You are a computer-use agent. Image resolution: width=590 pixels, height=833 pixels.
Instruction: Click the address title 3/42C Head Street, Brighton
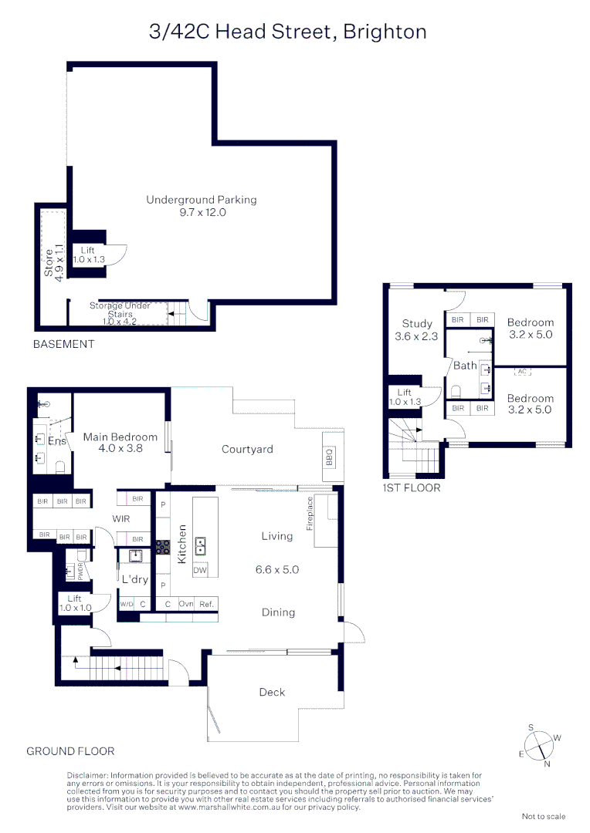[x=287, y=32]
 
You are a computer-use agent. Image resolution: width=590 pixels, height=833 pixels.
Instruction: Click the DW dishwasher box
[x=200, y=571]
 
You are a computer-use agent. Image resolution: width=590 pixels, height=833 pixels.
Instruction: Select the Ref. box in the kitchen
[x=206, y=604]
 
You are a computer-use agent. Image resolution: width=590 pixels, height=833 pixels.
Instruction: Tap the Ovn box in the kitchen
[x=185, y=604]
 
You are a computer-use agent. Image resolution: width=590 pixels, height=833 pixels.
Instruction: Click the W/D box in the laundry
[x=127, y=604]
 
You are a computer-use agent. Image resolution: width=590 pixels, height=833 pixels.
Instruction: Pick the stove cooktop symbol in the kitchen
[x=163, y=547]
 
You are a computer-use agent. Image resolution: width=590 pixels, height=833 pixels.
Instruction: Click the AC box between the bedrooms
[x=521, y=372]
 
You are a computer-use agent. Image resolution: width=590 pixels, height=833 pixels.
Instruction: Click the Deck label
[x=272, y=693]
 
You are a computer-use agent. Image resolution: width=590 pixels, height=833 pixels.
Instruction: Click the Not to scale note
[x=543, y=816]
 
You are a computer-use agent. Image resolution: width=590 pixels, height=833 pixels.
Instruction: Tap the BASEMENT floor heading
[x=63, y=344]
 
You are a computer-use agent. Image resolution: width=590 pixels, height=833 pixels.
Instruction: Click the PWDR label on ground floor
[x=80, y=571]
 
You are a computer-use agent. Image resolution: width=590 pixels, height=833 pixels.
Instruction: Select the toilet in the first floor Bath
[x=487, y=400]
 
